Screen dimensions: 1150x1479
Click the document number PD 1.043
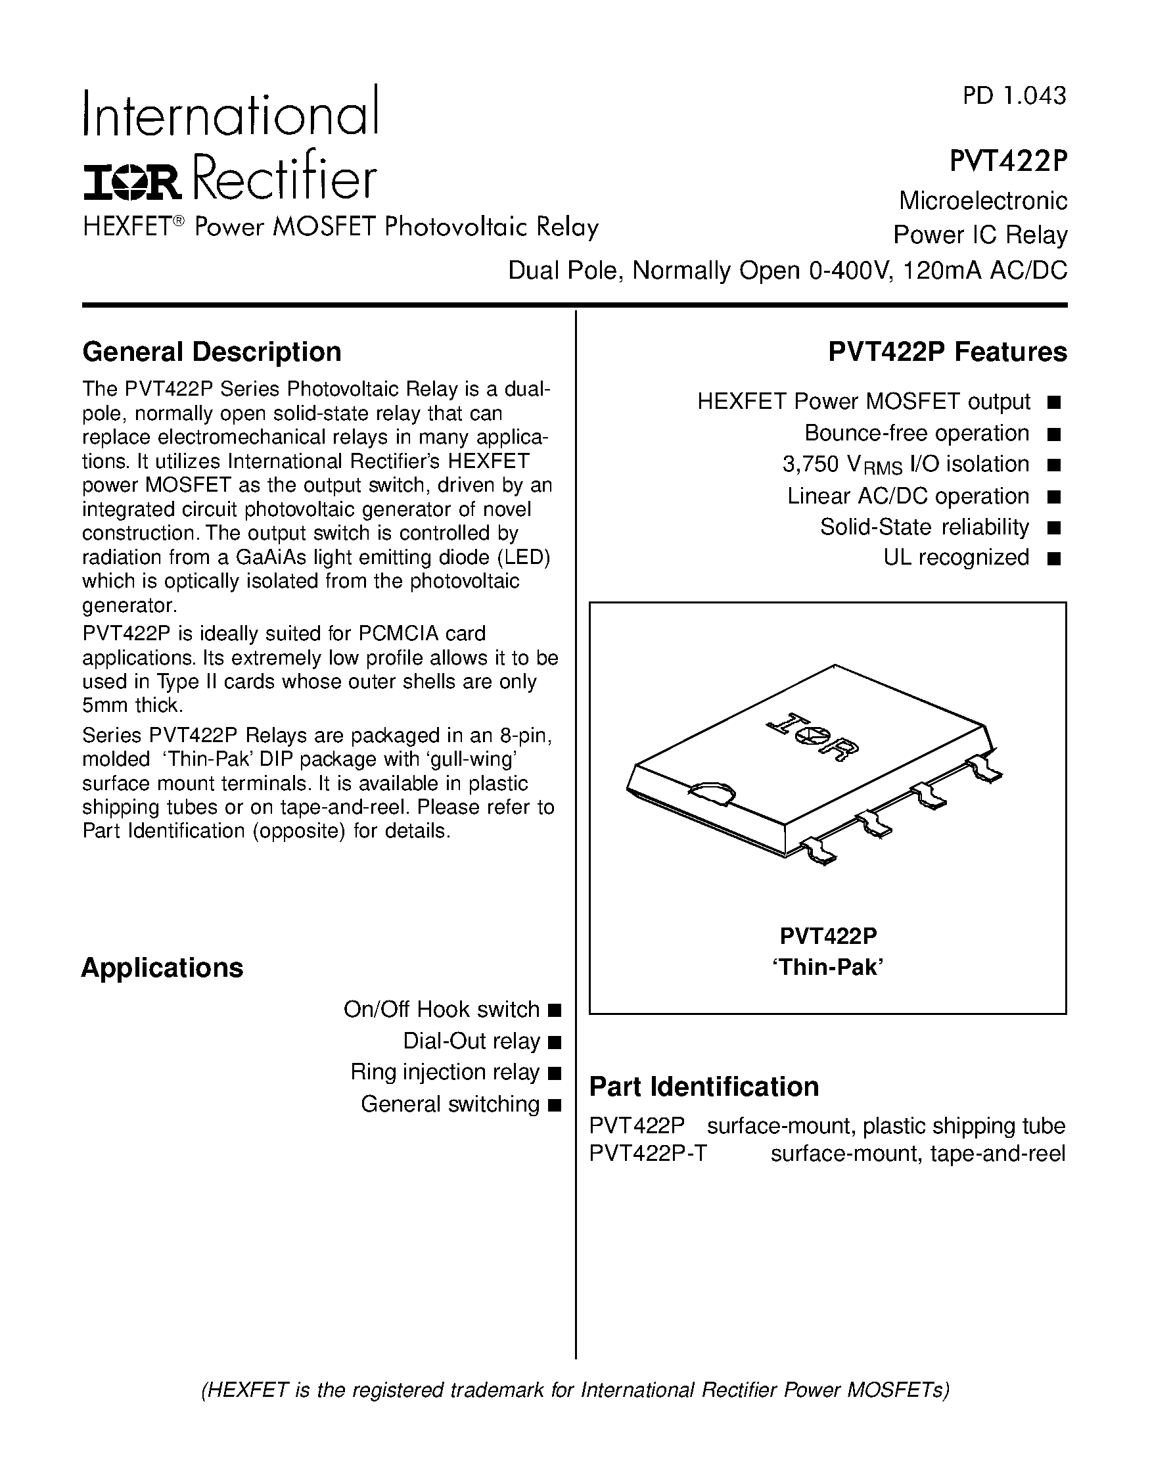(1014, 95)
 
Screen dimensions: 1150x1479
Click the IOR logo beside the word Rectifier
(132, 182)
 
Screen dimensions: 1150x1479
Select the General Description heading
(211, 352)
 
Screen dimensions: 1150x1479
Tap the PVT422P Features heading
(947, 352)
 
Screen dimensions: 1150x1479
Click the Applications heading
(162, 968)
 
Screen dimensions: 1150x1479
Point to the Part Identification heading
(704, 1087)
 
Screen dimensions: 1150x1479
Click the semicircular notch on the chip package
(712, 791)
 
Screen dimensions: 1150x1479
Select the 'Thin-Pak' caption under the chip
(828, 967)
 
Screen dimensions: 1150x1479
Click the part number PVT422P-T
(648, 1153)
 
